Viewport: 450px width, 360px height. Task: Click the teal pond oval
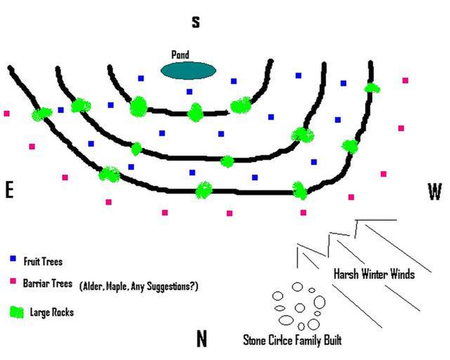(x=188, y=70)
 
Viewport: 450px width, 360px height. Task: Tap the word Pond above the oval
(x=180, y=55)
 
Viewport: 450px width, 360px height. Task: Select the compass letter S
(x=196, y=22)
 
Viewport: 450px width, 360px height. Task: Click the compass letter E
(x=9, y=191)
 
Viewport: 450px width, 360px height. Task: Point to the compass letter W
(x=435, y=191)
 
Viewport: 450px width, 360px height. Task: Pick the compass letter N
(x=202, y=339)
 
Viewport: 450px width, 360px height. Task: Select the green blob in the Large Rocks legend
(x=16, y=310)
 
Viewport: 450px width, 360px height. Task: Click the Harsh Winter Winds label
(x=373, y=274)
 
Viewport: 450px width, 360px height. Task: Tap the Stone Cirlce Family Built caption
(x=292, y=341)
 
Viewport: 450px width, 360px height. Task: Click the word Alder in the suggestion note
(x=93, y=286)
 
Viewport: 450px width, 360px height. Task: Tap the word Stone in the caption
(x=255, y=341)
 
